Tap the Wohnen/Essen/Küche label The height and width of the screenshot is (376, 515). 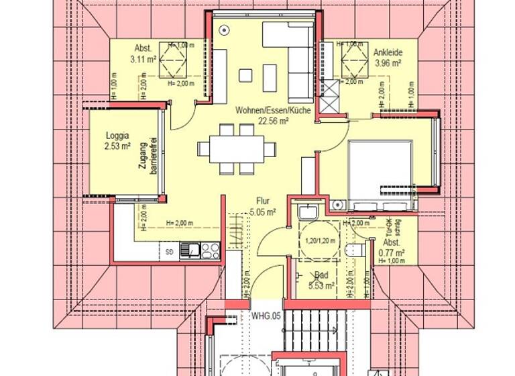273,110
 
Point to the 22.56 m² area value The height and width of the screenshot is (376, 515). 273,121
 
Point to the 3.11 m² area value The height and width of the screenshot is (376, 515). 143,59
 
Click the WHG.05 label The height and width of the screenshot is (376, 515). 266,315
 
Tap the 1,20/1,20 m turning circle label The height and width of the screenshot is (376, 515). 319,240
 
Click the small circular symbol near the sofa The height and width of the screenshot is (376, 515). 223,29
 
